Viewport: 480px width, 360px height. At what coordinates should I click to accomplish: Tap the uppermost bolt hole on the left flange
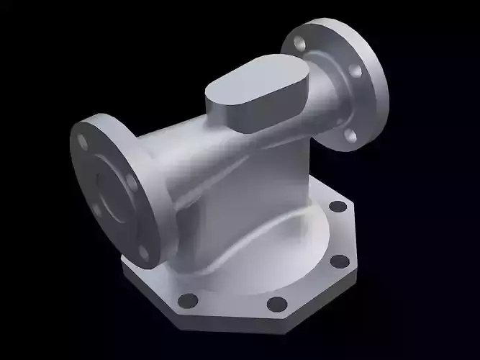tap(84, 141)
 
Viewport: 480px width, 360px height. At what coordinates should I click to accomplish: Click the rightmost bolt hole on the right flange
tap(354, 71)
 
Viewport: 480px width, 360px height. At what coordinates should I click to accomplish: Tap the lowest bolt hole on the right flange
tap(350, 135)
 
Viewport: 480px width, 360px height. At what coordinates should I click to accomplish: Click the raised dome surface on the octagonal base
tap(288, 252)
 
